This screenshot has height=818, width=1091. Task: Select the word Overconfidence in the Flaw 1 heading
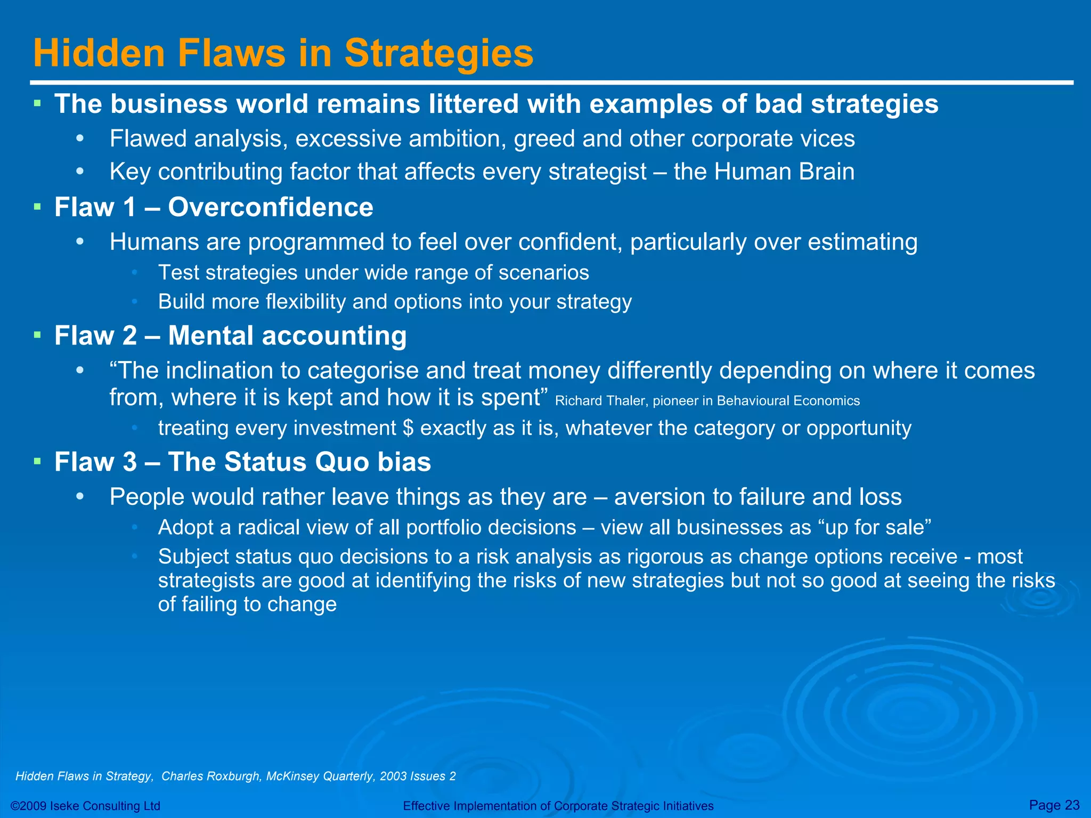tap(271, 207)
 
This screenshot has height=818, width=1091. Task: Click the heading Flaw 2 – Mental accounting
tap(230, 336)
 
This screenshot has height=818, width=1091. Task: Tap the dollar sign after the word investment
tap(408, 428)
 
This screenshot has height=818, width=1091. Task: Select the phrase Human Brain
tap(784, 172)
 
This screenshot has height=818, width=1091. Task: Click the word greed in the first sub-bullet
tap(544, 139)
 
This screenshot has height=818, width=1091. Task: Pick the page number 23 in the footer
tap(1072, 805)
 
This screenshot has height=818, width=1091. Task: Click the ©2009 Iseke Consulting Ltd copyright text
tap(85, 806)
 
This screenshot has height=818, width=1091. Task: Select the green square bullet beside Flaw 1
tap(37, 206)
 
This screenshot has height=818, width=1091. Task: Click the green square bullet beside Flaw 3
tap(37, 461)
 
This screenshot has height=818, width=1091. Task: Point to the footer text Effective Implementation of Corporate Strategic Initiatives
tap(558, 806)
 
